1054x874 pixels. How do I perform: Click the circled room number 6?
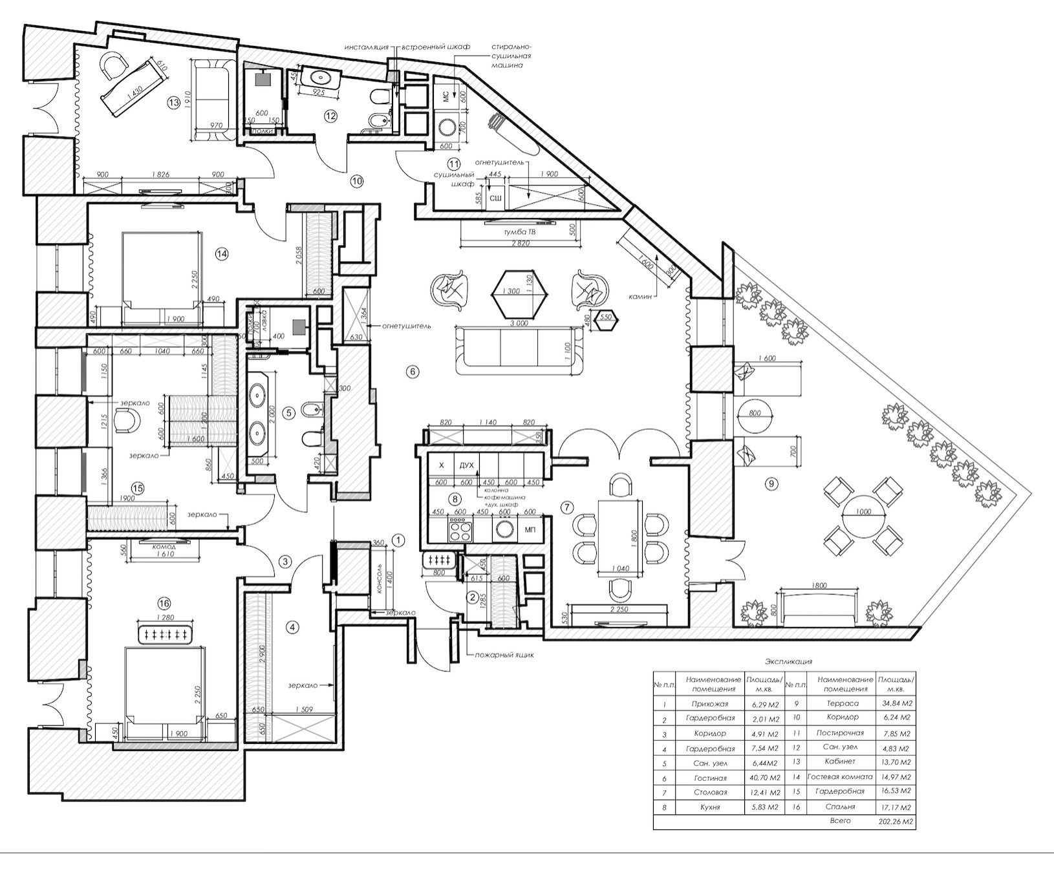pos(413,371)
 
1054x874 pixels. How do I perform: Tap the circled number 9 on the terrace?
pos(769,483)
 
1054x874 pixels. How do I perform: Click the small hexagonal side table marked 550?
pos(605,317)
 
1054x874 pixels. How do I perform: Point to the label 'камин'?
pos(641,295)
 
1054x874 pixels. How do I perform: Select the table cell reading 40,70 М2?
pos(765,778)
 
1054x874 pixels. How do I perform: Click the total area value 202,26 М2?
pos(896,822)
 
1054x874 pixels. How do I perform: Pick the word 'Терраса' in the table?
pos(843,703)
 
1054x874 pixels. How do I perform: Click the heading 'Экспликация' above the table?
pos(788,662)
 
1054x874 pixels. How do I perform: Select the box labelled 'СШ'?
pos(496,198)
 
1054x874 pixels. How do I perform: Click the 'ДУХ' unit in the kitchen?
pos(466,465)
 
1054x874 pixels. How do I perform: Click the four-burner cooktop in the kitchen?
pos(460,531)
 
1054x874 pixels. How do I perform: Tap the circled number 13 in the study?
pos(173,101)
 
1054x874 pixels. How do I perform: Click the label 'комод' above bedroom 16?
pos(164,547)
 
